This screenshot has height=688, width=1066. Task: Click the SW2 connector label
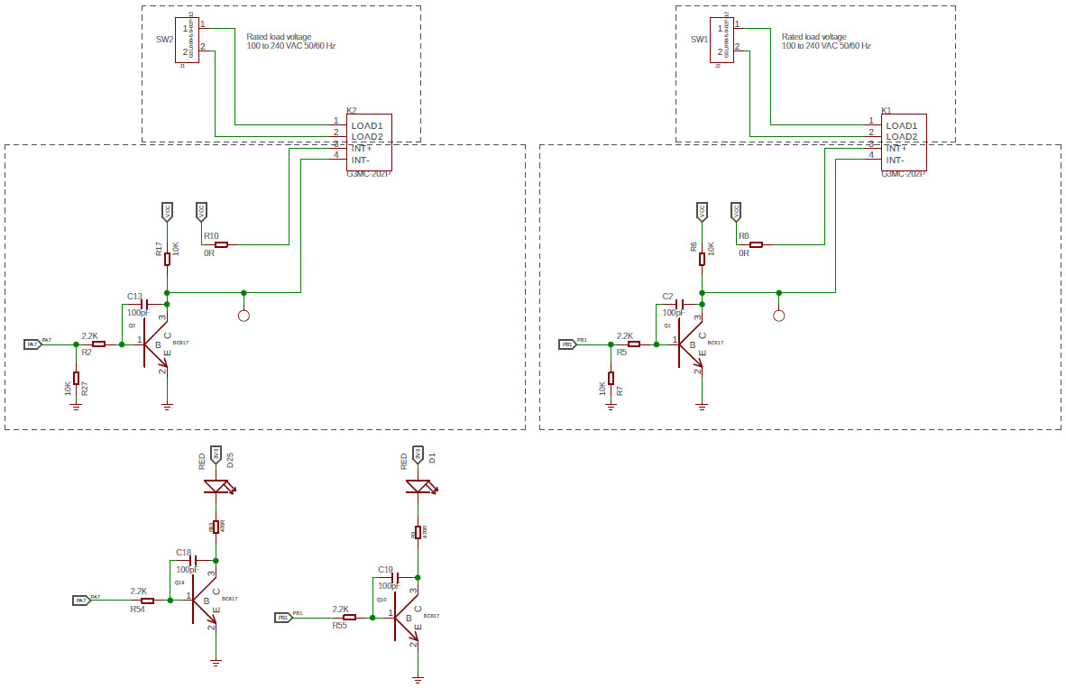click(164, 40)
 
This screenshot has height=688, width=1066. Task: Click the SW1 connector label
click(699, 40)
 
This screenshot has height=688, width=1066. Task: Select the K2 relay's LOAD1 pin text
click(367, 125)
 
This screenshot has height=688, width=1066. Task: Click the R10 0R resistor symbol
click(221, 244)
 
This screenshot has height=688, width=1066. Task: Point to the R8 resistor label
click(743, 235)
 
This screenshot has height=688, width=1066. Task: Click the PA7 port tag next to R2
click(32, 344)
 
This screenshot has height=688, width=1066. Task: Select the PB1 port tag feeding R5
click(567, 344)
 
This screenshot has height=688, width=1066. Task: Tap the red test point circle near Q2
click(244, 316)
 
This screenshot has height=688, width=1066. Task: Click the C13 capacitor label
click(134, 296)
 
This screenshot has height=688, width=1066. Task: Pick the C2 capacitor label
click(667, 296)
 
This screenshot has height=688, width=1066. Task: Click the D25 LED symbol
click(216, 487)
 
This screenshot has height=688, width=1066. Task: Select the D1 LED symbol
click(418, 487)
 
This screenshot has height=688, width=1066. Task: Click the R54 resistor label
click(137, 610)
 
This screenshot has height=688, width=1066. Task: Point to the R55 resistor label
click(339, 625)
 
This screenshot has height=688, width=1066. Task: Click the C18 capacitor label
click(183, 552)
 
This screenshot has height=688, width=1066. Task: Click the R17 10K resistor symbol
click(167, 259)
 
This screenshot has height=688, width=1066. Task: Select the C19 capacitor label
click(385, 569)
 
